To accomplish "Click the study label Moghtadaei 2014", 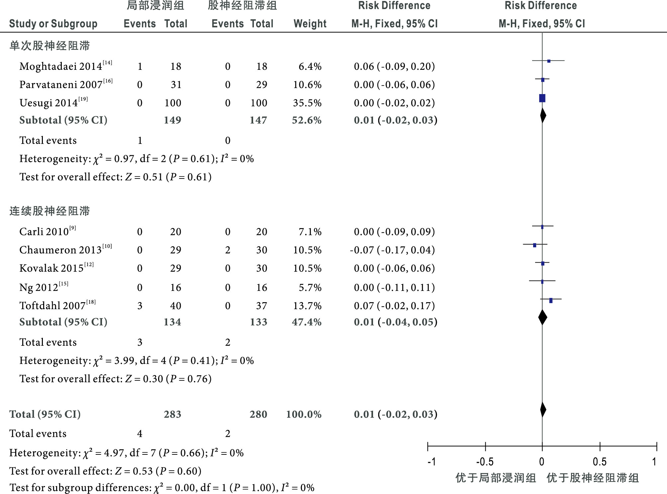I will click(x=61, y=66).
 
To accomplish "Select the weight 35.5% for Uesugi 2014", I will click(x=307, y=103).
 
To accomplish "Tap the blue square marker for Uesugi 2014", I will click(x=542, y=98).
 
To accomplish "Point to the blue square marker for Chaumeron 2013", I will click(x=534, y=245).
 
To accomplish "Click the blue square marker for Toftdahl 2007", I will click(x=551, y=301).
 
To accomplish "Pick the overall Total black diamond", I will click(x=543, y=410).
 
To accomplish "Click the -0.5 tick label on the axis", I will click(x=485, y=462).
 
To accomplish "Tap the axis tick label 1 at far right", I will click(x=654, y=462).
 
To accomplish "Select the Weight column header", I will click(x=310, y=24).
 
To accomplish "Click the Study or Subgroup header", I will click(x=53, y=24).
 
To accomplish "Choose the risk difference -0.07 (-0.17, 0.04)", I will click(x=392, y=250).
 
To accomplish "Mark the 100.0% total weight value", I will click(x=304, y=414).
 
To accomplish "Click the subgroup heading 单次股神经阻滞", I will click(x=49, y=46).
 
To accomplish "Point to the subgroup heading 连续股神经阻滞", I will click(x=49, y=211).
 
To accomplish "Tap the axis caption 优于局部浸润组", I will click(x=496, y=478).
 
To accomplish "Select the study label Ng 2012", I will click(x=39, y=288).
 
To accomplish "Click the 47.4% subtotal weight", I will click(x=307, y=322).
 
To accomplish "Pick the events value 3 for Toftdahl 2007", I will click(x=140, y=306).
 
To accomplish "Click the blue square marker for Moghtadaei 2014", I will click(x=549, y=61).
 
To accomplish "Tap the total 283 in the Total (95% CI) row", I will click(x=172, y=414).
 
